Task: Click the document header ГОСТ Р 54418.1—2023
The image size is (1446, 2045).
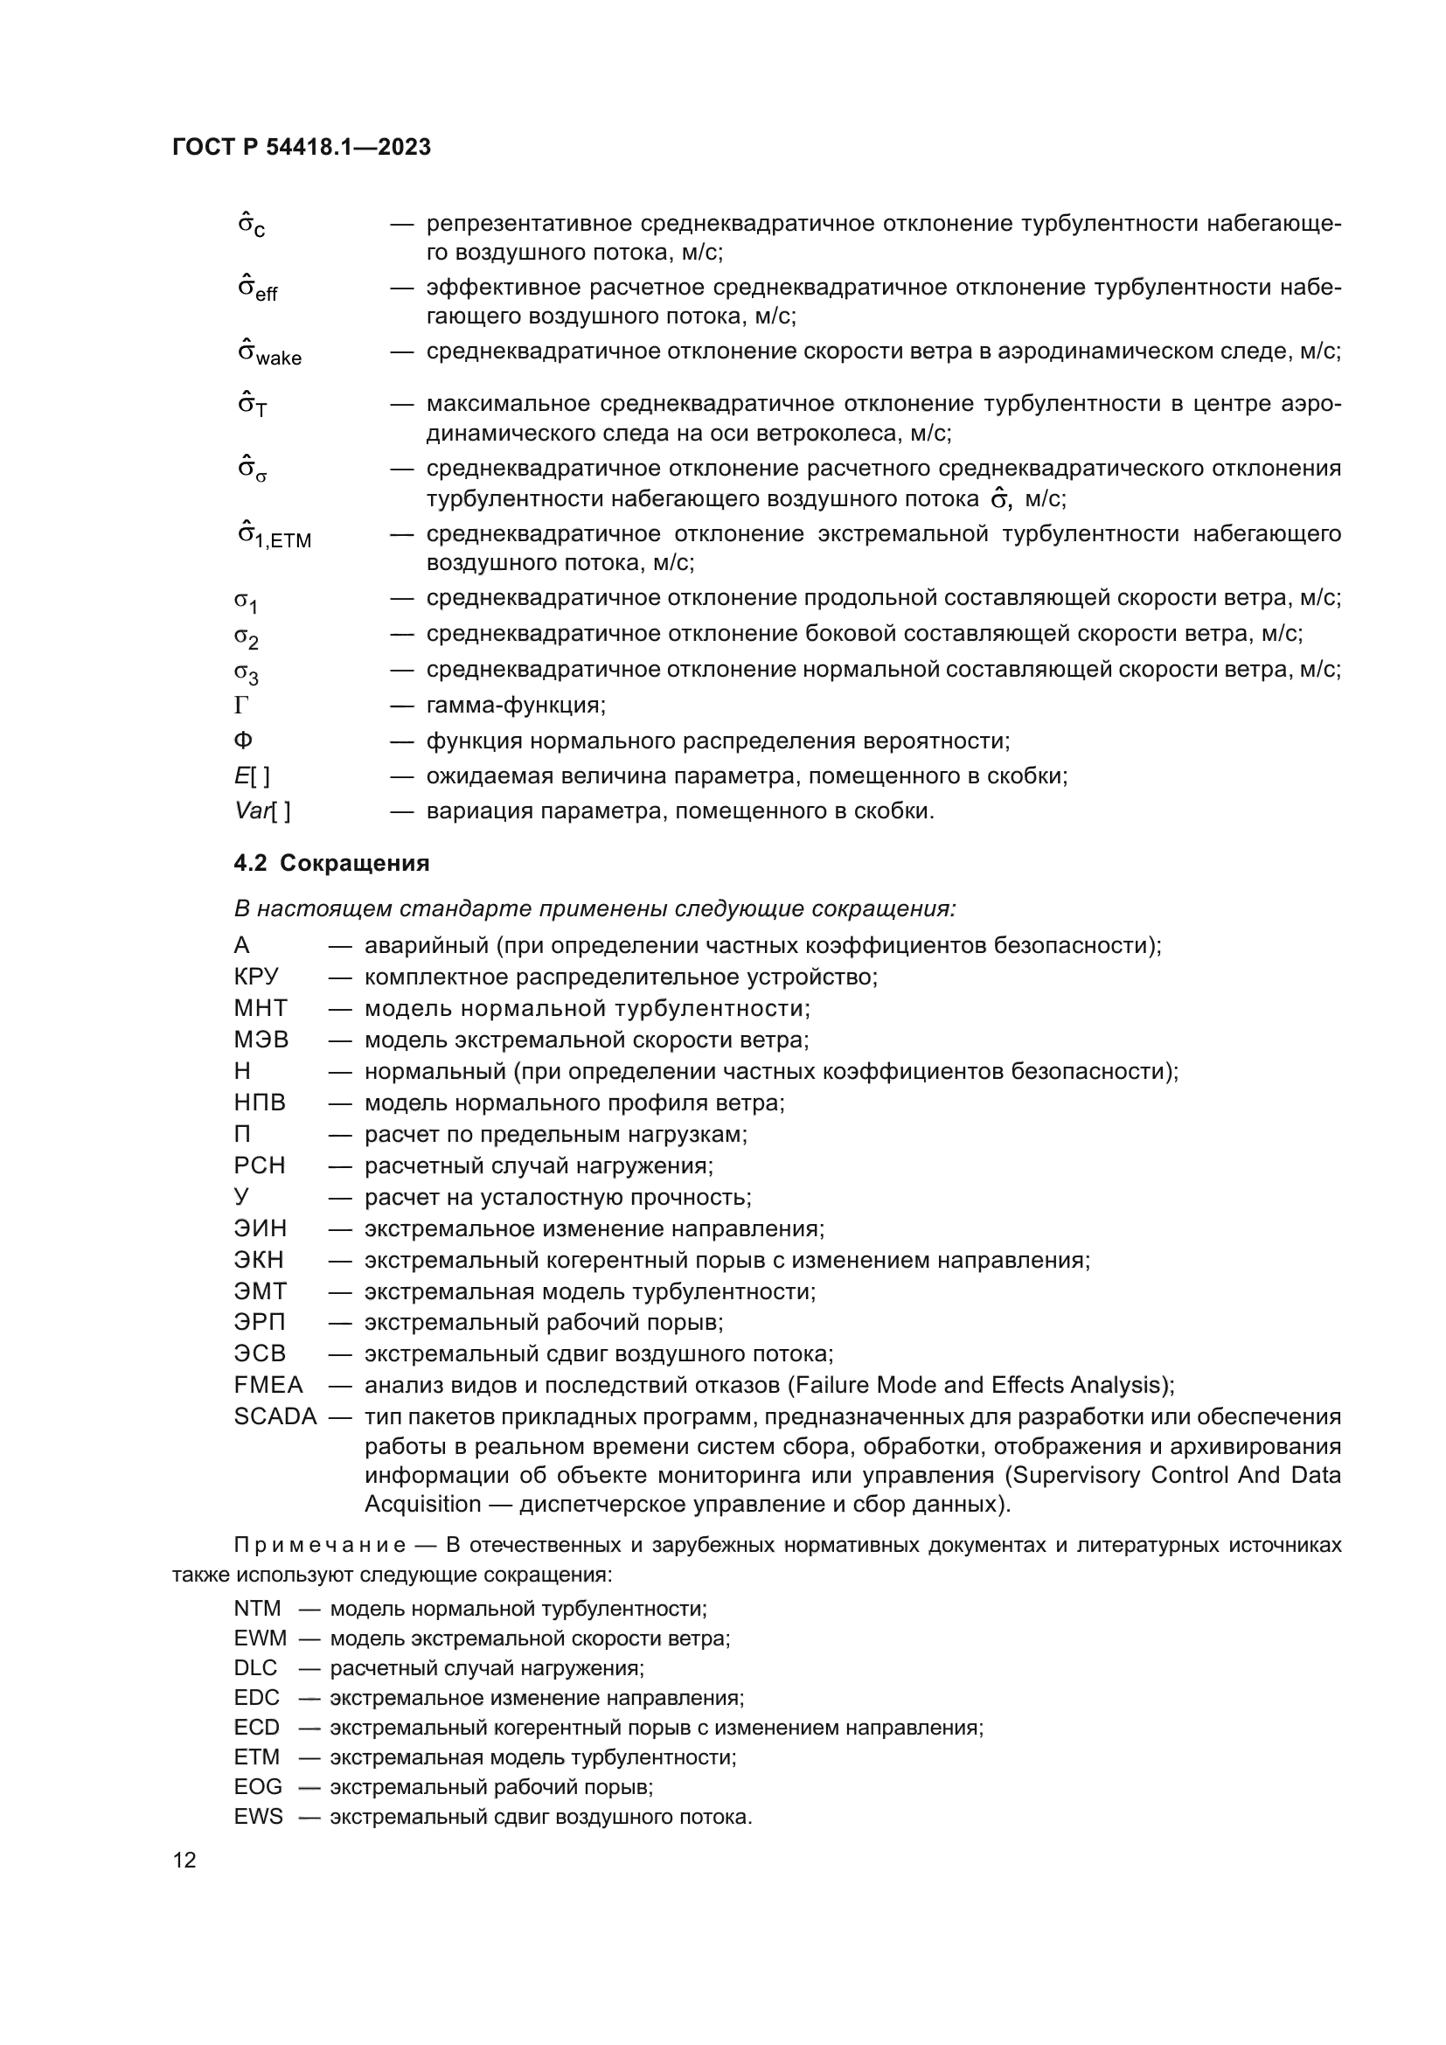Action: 302,147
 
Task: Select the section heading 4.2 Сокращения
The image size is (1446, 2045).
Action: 331,863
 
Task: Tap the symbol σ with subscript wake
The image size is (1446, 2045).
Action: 269,353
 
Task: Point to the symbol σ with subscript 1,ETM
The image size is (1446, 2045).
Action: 275,536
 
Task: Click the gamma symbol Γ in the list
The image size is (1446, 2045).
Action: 241,706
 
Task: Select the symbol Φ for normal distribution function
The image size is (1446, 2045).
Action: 242,741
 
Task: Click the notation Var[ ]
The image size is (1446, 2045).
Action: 261,811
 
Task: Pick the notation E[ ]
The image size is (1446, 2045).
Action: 252,776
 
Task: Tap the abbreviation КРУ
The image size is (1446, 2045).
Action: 256,977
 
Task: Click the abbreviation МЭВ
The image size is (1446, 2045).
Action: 261,1040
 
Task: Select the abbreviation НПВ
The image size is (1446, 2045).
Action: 260,1102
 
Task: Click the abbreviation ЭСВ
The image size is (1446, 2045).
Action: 260,1353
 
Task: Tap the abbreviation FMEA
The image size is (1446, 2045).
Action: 268,1385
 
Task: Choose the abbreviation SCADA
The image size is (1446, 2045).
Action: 275,1416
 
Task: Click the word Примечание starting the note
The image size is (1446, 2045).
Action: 320,1545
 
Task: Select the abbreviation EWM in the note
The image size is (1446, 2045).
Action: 260,1638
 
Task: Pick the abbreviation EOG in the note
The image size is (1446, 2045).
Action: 258,1788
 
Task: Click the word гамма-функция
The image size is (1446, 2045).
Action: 516,706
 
